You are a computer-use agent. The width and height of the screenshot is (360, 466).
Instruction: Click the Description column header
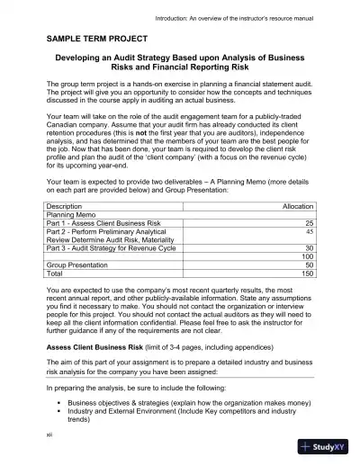point(69,206)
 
